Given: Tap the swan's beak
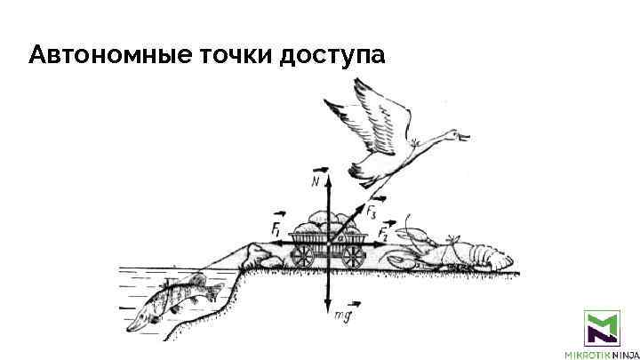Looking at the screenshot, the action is click(x=464, y=135).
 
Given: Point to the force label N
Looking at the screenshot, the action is click(x=316, y=181).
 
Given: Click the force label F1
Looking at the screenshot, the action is click(x=277, y=227).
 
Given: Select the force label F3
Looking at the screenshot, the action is click(x=371, y=212).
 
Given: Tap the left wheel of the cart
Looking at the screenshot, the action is click(x=303, y=254).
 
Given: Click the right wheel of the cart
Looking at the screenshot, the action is click(x=354, y=254).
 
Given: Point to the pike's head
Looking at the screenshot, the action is click(x=142, y=321).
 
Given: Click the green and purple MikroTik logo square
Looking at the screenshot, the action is click(x=601, y=328).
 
